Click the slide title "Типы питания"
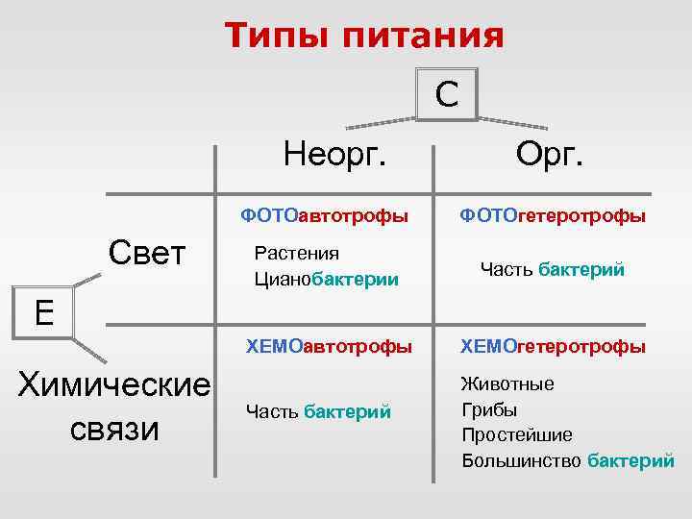(x=364, y=37)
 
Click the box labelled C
(x=446, y=94)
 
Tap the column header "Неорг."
(x=335, y=152)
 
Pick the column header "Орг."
(x=549, y=152)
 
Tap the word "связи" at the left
(x=115, y=428)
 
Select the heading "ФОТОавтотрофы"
(x=324, y=213)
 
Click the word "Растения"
(x=297, y=253)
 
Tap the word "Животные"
(x=507, y=383)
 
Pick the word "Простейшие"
(x=516, y=434)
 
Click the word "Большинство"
(x=521, y=460)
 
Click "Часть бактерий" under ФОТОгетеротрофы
(x=552, y=270)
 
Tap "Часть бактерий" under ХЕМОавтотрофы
(x=318, y=412)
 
